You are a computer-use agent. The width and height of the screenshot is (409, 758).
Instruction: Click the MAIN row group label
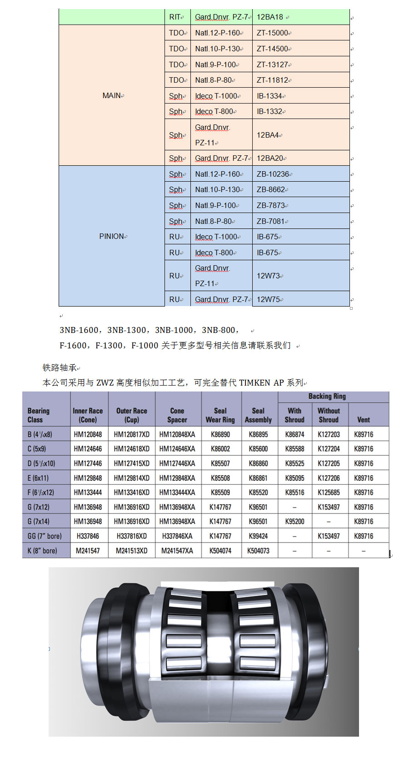click(112, 95)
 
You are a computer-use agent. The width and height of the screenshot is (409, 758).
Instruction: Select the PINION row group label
click(112, 236)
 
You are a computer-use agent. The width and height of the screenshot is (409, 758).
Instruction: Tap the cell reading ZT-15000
click(272, 33)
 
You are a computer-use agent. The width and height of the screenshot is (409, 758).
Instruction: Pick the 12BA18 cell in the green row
click(270, 17)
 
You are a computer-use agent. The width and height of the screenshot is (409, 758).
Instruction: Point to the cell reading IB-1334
click(269, 96)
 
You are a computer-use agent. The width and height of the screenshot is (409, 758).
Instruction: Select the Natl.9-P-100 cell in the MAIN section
click(216, 64)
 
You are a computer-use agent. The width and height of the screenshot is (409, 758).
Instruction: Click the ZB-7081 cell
click(271, 221)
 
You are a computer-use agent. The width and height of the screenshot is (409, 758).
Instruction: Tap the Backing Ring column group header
click(327, 396)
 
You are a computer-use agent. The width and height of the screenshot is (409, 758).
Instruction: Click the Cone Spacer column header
click(177, 415)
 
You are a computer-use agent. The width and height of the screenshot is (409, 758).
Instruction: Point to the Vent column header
click(364, 420)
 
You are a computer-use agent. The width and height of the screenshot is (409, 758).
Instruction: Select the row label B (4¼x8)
click(40, 434)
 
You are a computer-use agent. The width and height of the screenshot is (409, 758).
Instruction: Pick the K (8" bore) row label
click(42, 550)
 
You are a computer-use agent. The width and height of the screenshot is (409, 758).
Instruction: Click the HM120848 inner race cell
click(88, 434)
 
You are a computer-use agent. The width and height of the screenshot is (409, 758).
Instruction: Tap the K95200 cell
click(294, 521)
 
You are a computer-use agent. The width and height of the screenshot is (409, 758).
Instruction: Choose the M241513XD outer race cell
click(132, 550)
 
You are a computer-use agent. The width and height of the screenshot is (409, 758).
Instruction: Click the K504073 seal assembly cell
click(258, 550)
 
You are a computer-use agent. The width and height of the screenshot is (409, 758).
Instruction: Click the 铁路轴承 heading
click(60, 367)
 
